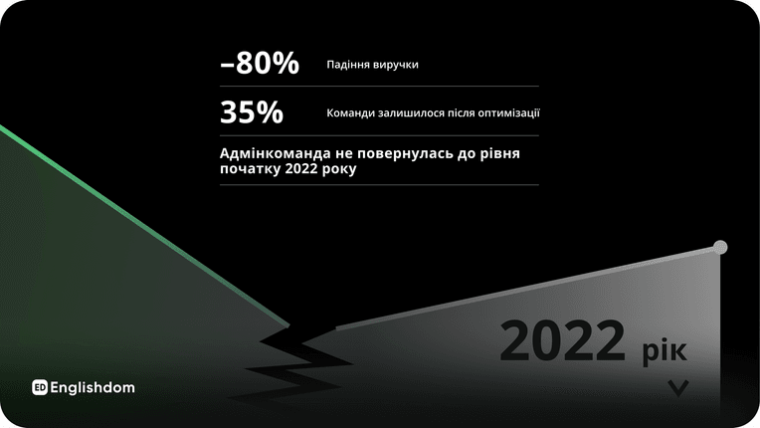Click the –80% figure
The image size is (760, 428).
260,63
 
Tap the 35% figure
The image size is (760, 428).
252,111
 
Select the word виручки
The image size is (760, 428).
396,65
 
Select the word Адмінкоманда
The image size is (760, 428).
276,153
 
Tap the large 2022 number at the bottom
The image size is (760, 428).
563,340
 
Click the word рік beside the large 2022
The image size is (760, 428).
665,350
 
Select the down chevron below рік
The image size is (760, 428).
678,388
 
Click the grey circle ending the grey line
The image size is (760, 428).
720,247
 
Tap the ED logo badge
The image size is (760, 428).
40,387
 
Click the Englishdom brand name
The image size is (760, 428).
93,388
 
